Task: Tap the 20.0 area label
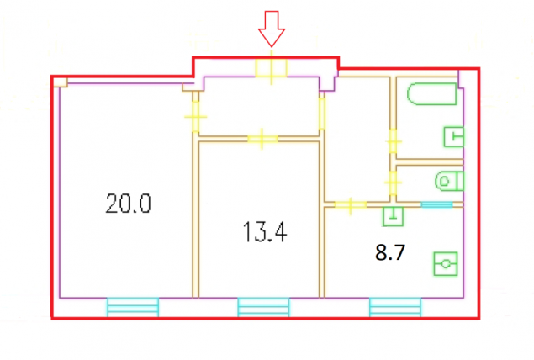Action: (x=128, y=204)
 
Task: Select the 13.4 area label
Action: (x=265, y=232)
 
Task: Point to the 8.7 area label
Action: (x=390, y=252)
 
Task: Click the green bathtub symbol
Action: (x=431, y=94)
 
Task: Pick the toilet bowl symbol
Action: (x=449, y=181)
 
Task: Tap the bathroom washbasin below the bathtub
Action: (x=453, y=137)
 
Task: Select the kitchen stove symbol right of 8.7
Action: (x=446, y=263)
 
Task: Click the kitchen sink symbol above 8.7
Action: (x=394, y=216)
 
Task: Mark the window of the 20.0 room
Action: (x=133, y=307)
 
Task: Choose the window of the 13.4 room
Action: (x=263, y=307)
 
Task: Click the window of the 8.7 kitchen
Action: (x=395, y=307)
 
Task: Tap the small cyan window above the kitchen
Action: (x=436, y=204)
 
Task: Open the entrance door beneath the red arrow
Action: (x=272, y=68)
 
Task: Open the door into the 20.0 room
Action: (x=195, y=117)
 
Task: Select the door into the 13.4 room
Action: (x=262, y=139)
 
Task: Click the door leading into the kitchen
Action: (x=351, y=204)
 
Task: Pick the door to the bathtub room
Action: (x=394, y=141)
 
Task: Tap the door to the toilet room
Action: (x=394, y=183)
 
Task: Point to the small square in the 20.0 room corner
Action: (x=61, y=82)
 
